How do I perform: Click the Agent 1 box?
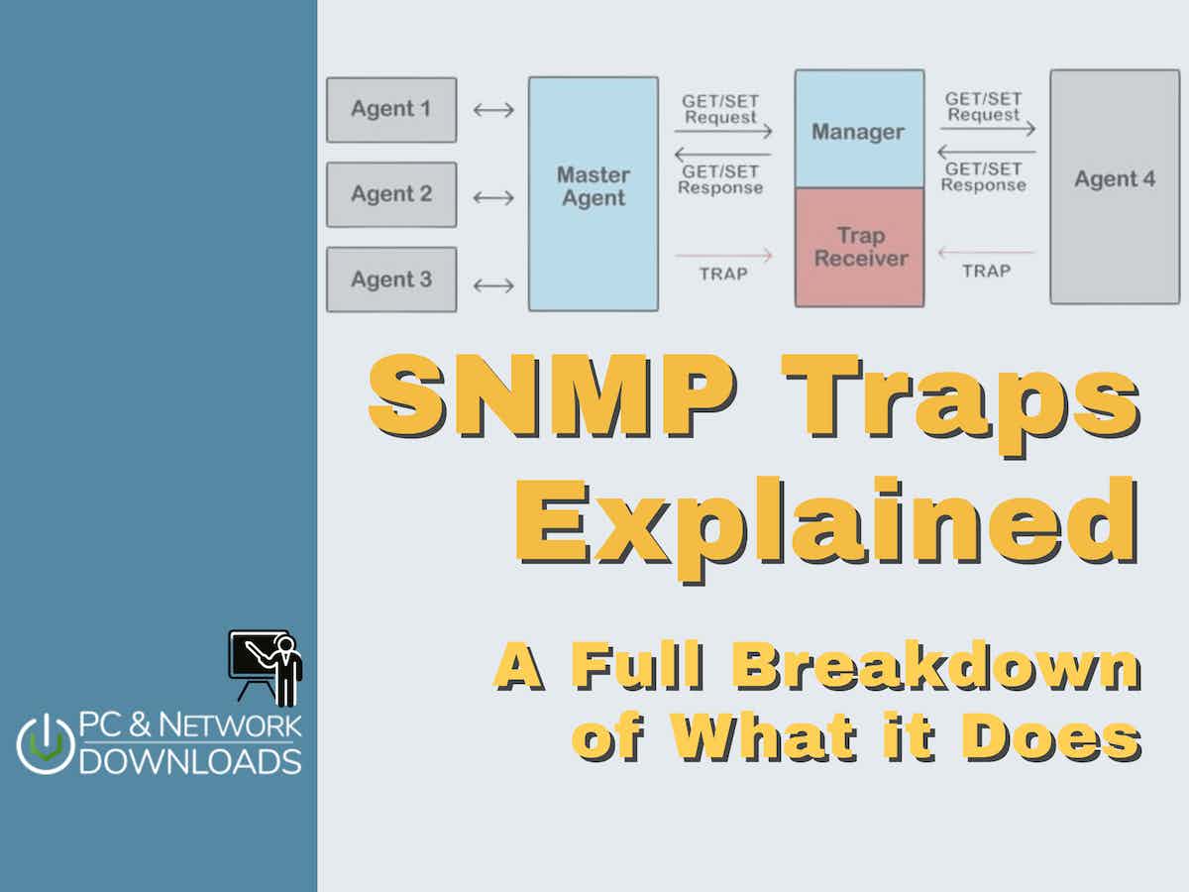pos(391,110)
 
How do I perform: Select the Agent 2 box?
pos(391,194)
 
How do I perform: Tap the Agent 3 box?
pos(391,279)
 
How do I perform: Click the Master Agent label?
pos(594,186)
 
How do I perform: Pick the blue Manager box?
pos(860,129)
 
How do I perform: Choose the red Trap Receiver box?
pos(860,248)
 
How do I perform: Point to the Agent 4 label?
pos(1115,178)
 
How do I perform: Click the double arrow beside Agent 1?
pos(493,110)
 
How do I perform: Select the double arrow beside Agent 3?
pos(493,285)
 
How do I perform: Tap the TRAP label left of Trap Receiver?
pos(723,274)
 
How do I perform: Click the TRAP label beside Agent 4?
pos(987,271)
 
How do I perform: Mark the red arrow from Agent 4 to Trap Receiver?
pos(987,252)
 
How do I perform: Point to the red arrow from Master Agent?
pos(723,255)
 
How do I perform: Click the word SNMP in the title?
pos(553,395)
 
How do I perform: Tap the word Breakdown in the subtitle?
pos(936,666)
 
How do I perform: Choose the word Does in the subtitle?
pos(1051,737)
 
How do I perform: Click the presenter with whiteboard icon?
pos(266,668)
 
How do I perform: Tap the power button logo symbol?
pos(46,744)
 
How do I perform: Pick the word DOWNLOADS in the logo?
pos(190,762)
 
